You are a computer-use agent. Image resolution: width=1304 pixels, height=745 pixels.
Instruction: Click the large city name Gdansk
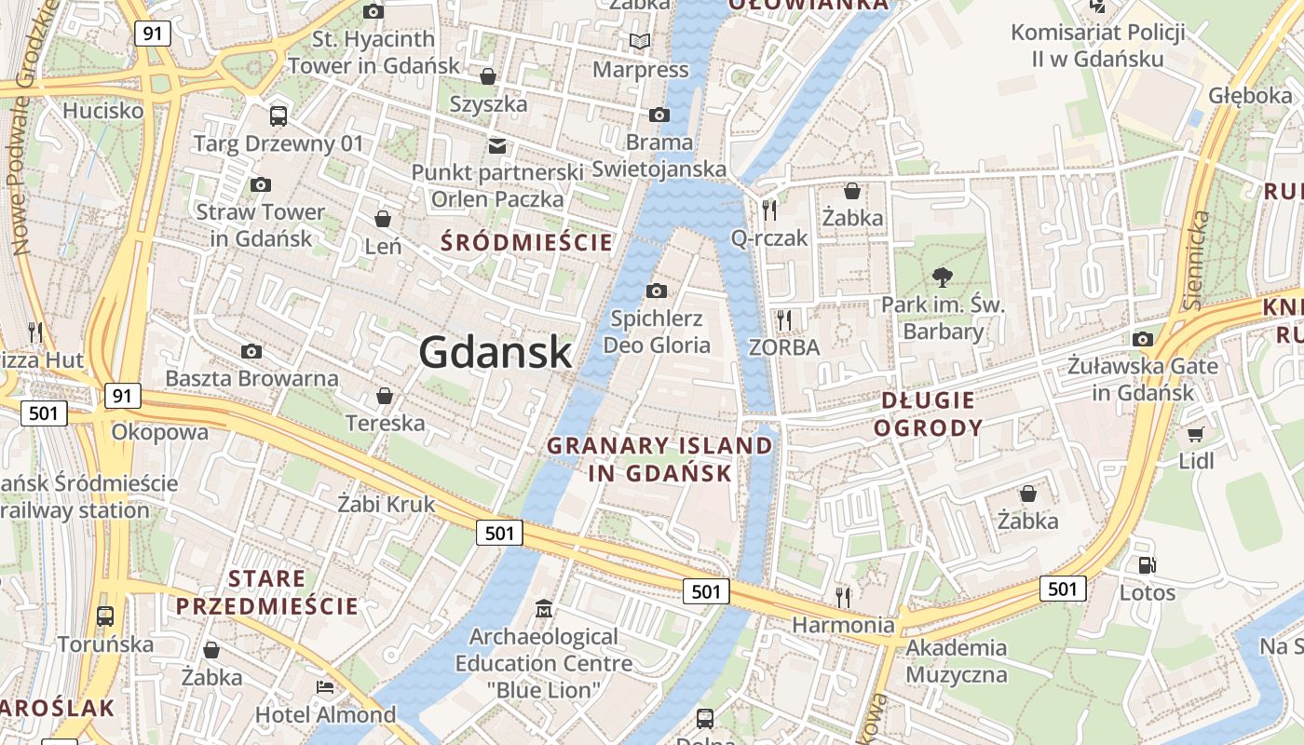(x=495, y=352)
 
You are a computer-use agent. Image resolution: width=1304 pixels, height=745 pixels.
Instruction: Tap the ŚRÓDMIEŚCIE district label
(x=527, y=243)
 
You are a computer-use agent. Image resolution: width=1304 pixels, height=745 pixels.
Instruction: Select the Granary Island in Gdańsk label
(x=659, y=459)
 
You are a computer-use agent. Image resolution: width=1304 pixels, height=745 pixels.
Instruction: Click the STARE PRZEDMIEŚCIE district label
(x=267, y=592)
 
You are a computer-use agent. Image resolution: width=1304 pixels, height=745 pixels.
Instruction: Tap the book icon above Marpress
(x=639, y=41)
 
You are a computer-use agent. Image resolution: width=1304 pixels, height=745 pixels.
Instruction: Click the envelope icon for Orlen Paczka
(x=497, y=145)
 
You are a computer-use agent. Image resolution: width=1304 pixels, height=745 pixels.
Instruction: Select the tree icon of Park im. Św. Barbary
(x=942, y=277)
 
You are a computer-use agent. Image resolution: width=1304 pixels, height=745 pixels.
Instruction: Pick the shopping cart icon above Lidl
(x=1196, y=434)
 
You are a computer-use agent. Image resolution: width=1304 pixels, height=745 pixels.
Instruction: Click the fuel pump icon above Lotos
(x=1148, y=564)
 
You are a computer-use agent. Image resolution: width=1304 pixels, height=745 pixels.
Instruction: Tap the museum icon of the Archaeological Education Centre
(x=544, y=610)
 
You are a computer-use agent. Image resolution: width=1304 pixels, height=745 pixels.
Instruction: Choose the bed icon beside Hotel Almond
(x=325, y=687)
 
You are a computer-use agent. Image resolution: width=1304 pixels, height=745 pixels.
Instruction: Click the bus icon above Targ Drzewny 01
(x=278, y=116)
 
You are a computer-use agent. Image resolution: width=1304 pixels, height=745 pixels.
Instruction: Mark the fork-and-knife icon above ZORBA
(x=784, y=320)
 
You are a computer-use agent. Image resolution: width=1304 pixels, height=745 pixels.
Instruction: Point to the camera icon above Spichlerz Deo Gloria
(x=657, y=291)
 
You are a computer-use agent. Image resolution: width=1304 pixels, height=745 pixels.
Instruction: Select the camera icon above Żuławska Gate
(x=1143, y=339)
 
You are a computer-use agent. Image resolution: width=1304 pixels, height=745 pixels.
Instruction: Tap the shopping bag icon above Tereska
(x=384, y=397)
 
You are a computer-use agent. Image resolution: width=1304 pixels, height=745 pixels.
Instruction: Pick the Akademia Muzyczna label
(x=956, y=661)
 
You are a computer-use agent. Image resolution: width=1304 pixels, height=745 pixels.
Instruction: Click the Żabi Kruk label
(x=386, y=505)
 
